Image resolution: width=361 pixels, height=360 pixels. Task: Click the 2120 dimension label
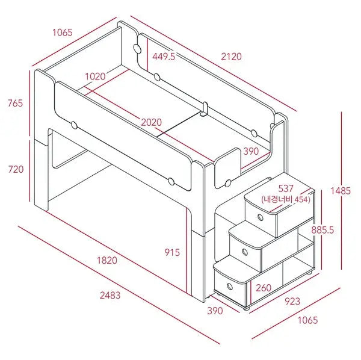232,57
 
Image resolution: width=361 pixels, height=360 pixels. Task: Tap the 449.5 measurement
164,57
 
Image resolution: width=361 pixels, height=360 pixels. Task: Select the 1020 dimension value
95,76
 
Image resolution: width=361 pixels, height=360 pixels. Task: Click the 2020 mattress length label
152,122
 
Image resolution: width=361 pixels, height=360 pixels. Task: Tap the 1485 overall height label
340,191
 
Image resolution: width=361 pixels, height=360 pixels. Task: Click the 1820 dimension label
106,261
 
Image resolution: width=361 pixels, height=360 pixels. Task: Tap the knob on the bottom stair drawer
227,285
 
